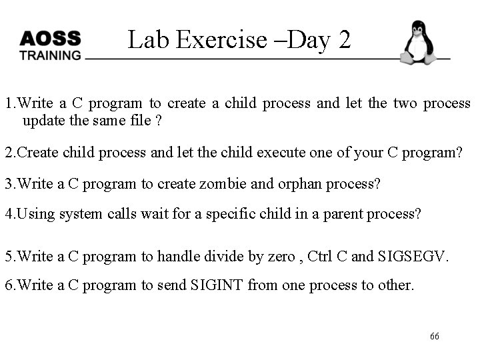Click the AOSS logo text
pos(50,39)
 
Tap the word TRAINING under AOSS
pos(50,55)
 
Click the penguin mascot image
pos(418,43)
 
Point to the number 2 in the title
pos(344,40)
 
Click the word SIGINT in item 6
pos(217,285)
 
